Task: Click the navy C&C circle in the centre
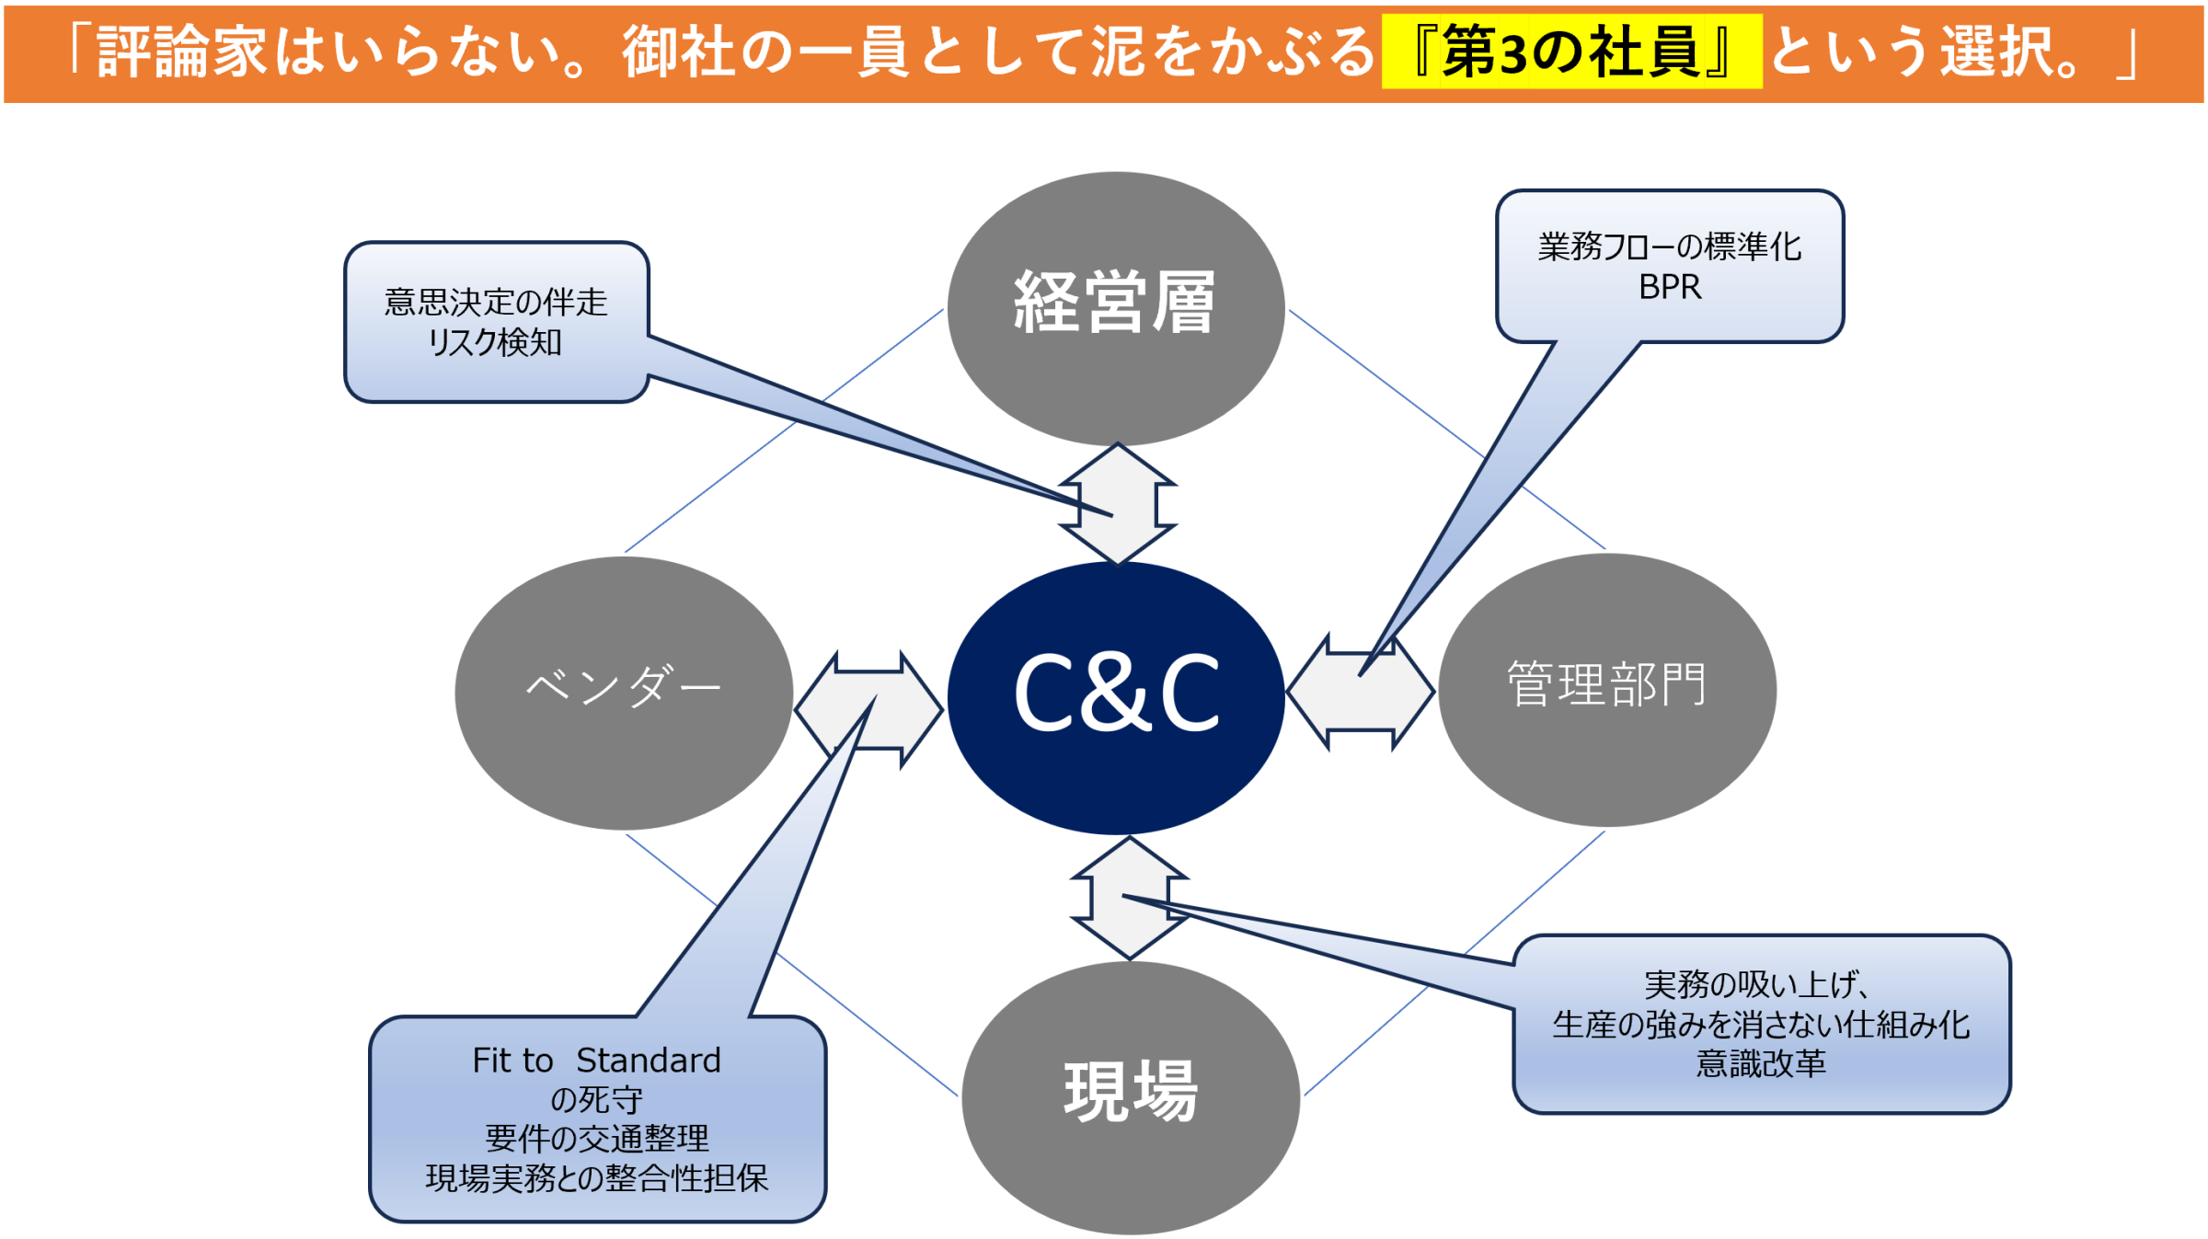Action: [x=1116, y=696]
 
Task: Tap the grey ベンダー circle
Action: [x=624, y=692]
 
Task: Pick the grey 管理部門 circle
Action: [x=1607, y=689]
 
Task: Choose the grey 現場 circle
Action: [x=1131, y=1096]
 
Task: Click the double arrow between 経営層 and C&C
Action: [x=1118, y=503]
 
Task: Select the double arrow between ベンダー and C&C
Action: [x=869, y=710]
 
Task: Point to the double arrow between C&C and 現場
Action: [x=1130, y=898]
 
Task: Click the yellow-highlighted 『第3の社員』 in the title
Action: [x=1571, y=52]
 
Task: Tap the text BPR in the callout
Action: [x=1670, y=287]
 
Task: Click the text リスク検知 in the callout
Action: [x=495, y=342]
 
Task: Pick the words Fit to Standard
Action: [x=596, y=1061]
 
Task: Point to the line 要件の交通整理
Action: [x=596, y=1139]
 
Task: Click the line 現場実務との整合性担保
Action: [x=596, y=1178]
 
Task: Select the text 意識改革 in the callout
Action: [x=1761, y=1063]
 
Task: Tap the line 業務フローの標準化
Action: [x=1670, y=247]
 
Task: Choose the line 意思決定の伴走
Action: [x=496, y=302]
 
